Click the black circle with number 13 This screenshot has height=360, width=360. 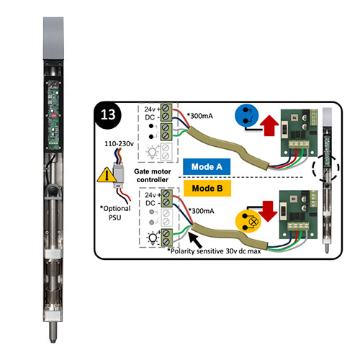[108, 115]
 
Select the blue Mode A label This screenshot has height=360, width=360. [207, 166]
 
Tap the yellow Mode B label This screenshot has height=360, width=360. [207, 188]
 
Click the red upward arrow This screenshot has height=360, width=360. [269, 125]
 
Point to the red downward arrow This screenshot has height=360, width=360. [269, 211]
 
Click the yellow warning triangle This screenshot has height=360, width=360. [106, 174]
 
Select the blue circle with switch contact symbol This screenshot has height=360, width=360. [247, 115]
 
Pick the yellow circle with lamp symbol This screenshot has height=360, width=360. [248, 222]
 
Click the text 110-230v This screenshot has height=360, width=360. [119, 144]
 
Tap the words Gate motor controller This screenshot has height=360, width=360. [153, 176]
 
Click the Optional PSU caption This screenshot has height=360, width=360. [115, 213]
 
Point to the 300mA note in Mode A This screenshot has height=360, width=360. [200, 116]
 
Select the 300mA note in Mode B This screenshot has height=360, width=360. [202, 211]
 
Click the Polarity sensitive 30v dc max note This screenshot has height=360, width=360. [215, 251]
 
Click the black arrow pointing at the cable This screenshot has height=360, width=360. [195, 240]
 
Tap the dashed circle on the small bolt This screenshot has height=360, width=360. [325, 168]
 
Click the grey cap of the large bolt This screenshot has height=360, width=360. [53, 38]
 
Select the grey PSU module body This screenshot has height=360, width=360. [118, 174]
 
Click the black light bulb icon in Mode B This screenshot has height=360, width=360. [153, 238]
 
